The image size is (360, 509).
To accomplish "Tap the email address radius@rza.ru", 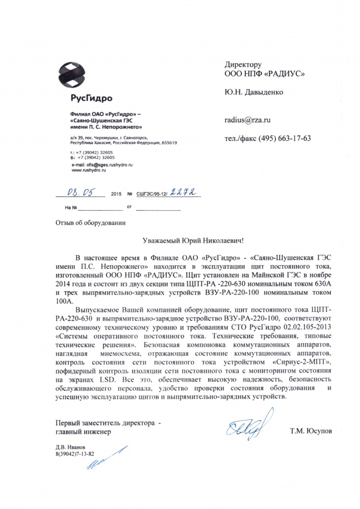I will pos(247,120).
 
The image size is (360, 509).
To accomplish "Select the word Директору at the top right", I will pos(243,65).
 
